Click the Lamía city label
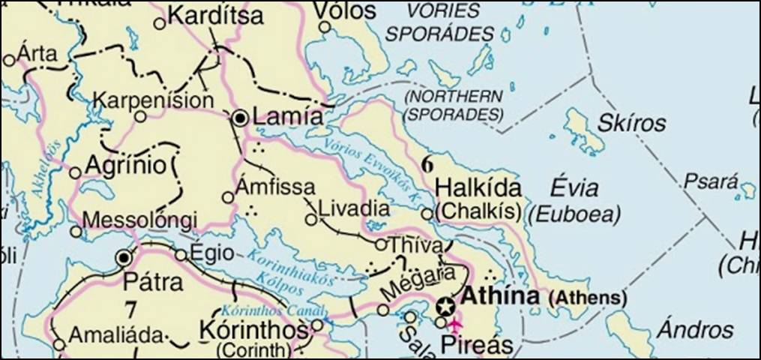pyautogui.click(x=289, y=117)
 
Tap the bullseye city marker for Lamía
pyautogui.click(x=240, y=118)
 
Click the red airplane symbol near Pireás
pyautogui.click(x=455, y=324)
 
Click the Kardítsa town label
pyautogui.click(x=216, y=15)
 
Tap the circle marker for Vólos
pyautogui.click(x=325, y=27)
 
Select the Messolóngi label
pyautogui.click(x=140, y=220)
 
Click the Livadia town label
pyautogui.click(x=355, y=208)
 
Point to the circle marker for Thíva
pyautogui.click(x=380, y=244)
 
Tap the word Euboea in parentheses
pyautogui.click(x=575, y=215)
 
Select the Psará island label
pyautogui.click(x=708, y=182)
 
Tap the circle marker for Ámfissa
pyautogui.click(x=228, y=197)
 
